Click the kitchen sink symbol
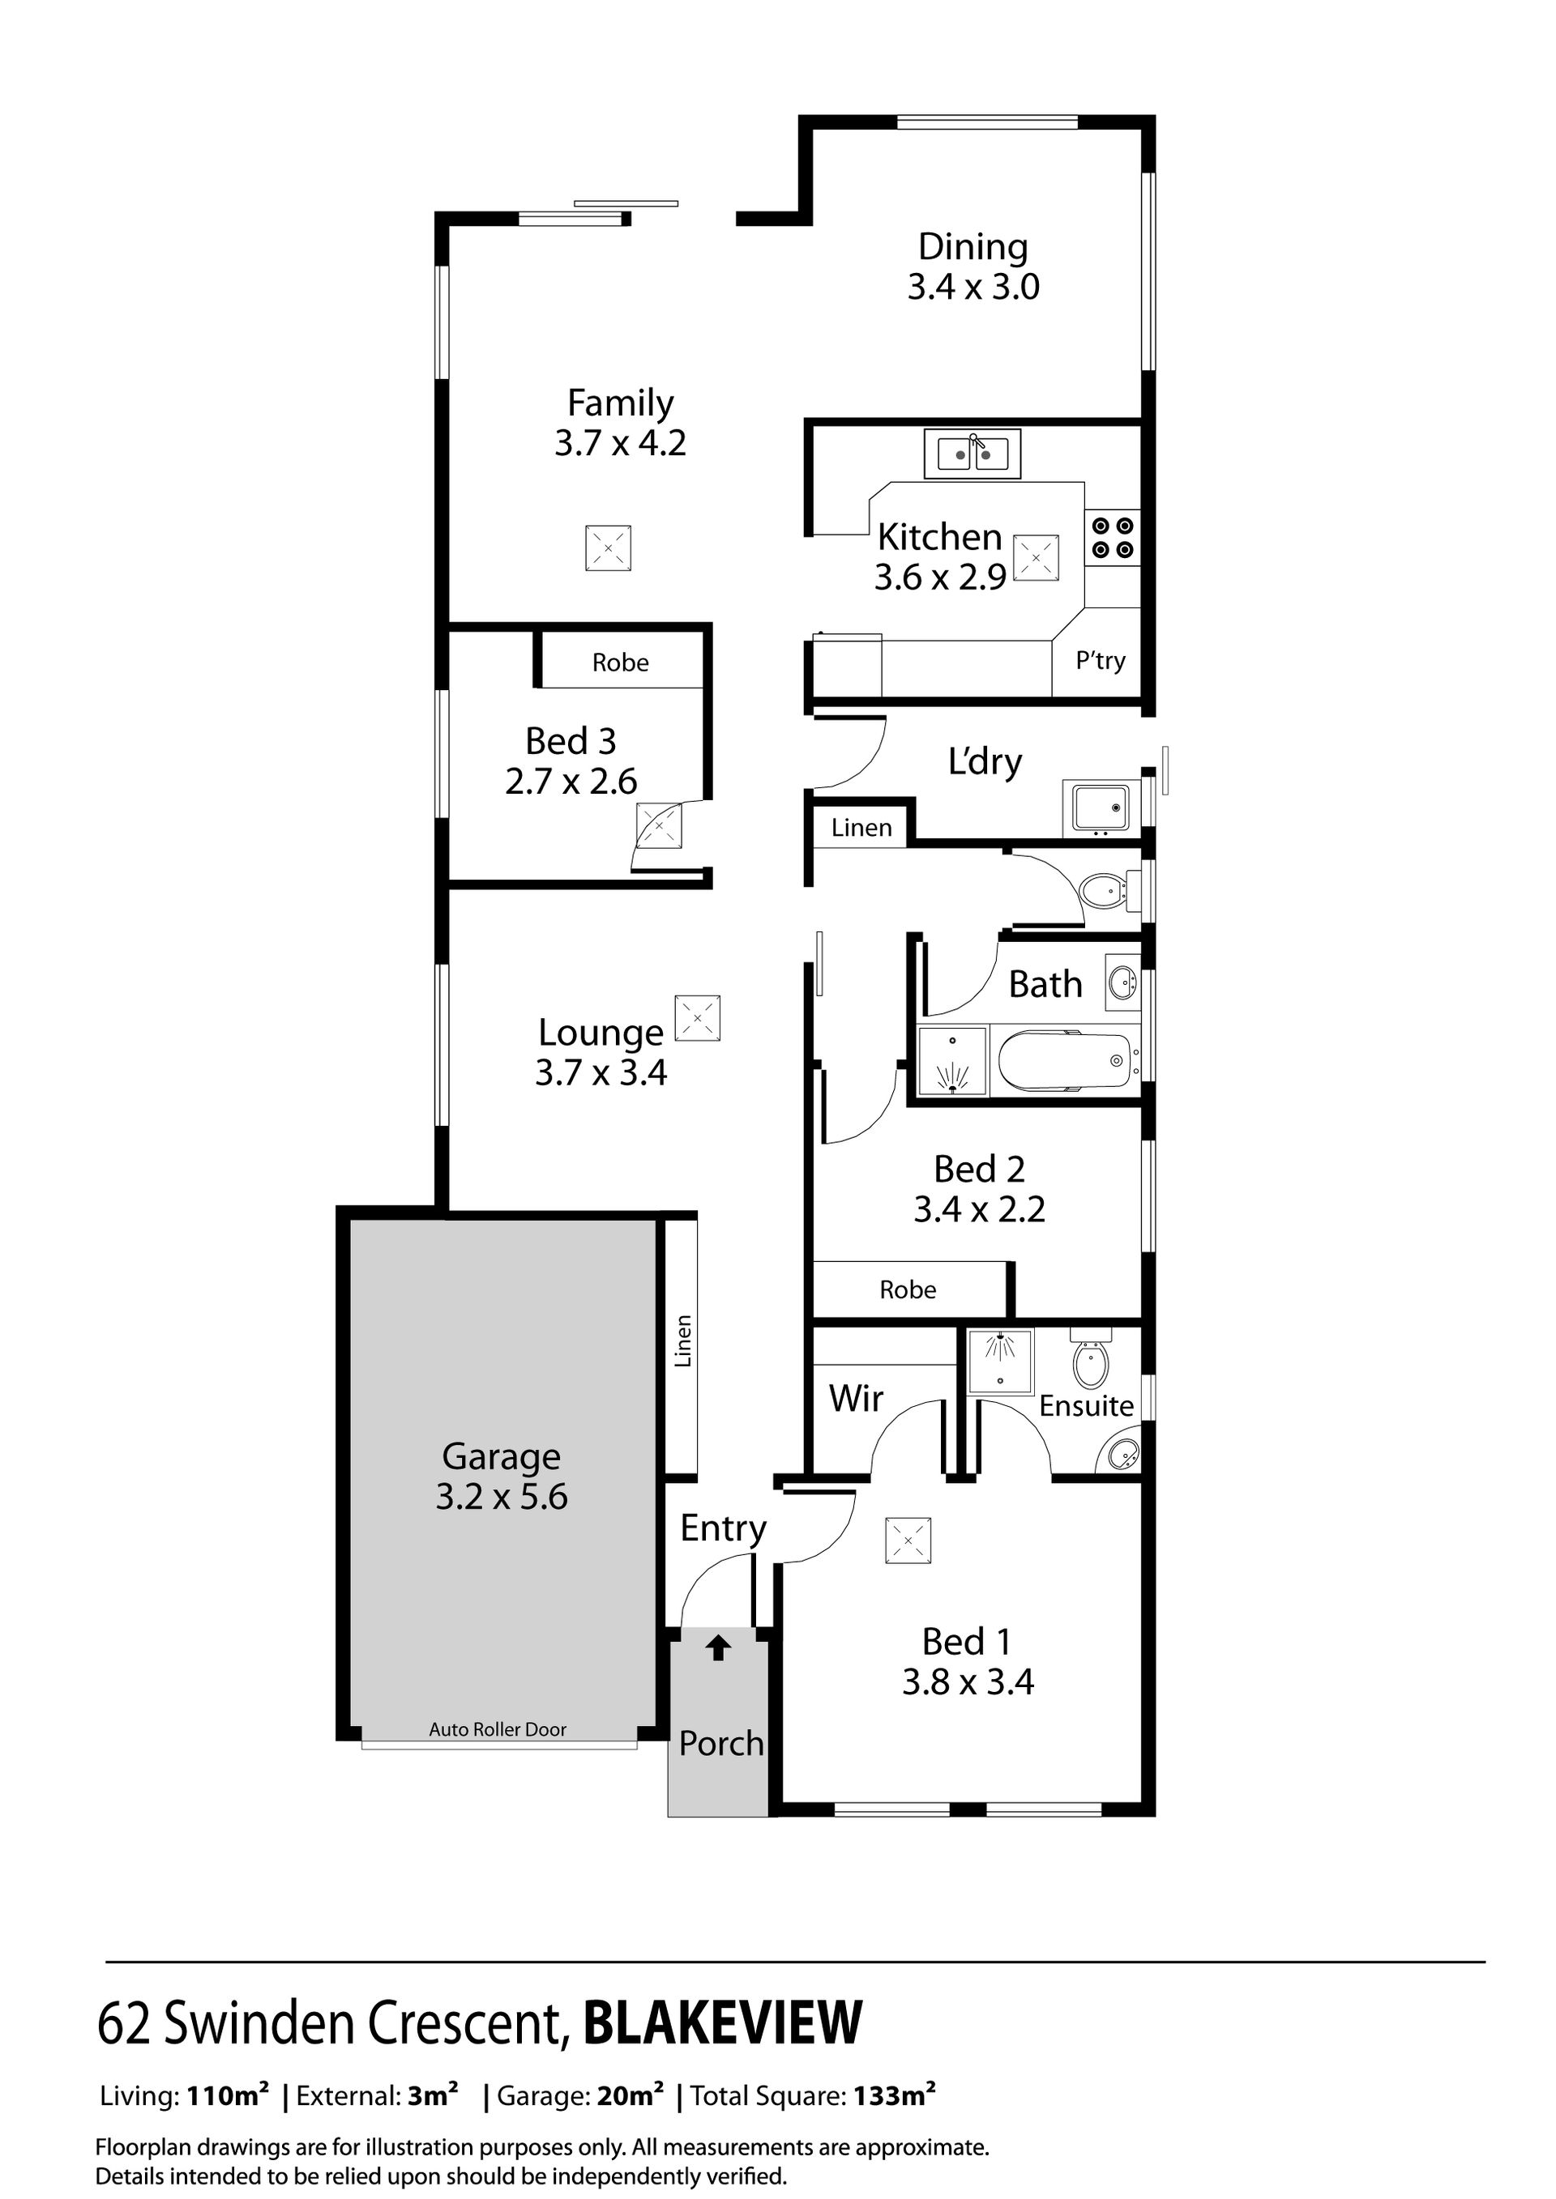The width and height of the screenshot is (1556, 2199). (x=972, y=454)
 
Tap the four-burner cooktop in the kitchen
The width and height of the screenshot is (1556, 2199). (x=1114, y=539)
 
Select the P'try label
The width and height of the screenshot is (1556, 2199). (x=1100, y=661)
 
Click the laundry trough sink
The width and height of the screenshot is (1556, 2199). (x=1100, y=807)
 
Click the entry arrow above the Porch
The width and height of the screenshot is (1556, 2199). (x=719, y=1647)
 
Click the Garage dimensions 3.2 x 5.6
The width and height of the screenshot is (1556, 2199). (x=501, y=1496)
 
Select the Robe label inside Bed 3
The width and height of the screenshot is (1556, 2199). (x=620, y=662)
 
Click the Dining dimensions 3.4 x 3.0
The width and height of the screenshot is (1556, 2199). (x=973, y=287)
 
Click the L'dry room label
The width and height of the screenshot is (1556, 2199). (x=985, y=761)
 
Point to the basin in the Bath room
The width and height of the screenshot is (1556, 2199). (x=1122, y=982)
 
